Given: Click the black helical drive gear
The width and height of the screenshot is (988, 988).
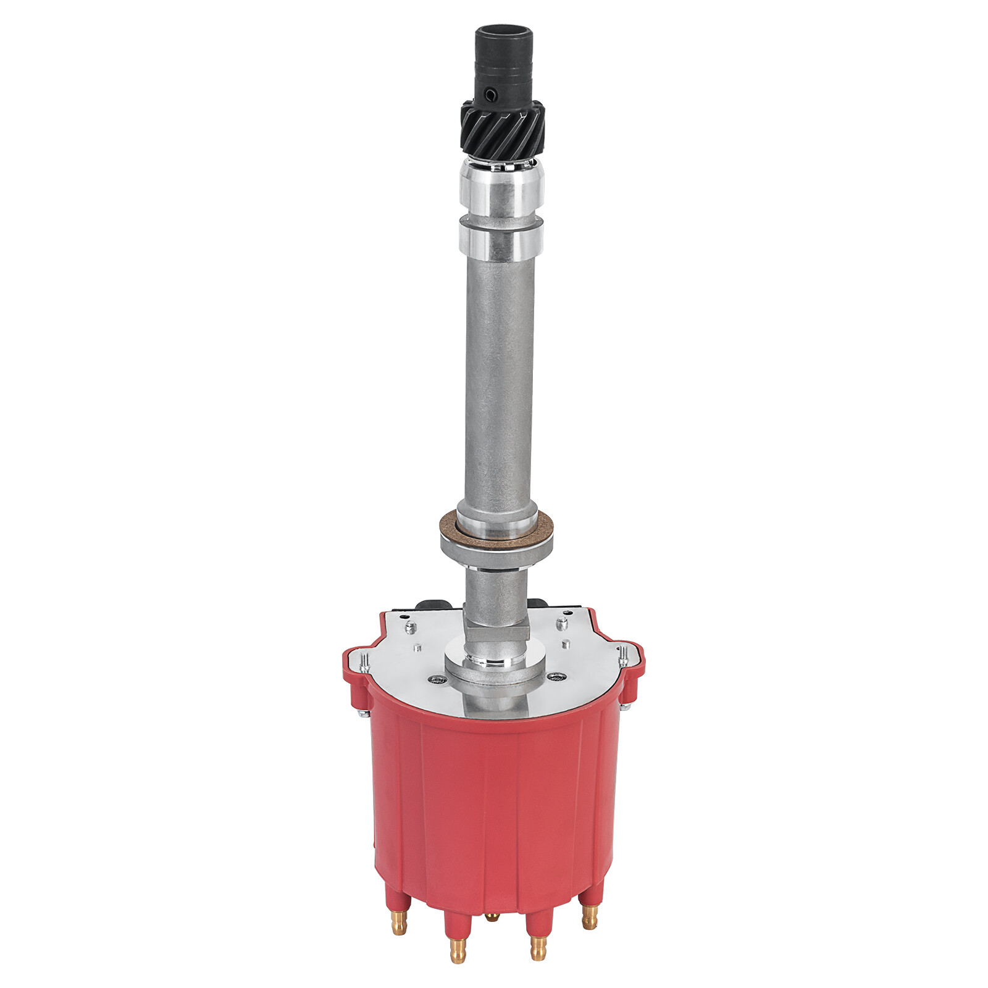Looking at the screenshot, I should pos(502,130).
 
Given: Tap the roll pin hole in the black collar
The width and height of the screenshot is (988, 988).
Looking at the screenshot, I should pos(491,94).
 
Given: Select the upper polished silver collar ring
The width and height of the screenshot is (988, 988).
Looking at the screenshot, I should pos(501,185).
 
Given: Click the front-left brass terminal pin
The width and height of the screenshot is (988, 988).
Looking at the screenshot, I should pos(457,948).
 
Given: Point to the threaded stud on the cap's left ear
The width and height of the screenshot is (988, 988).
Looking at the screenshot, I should pos(364,661).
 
